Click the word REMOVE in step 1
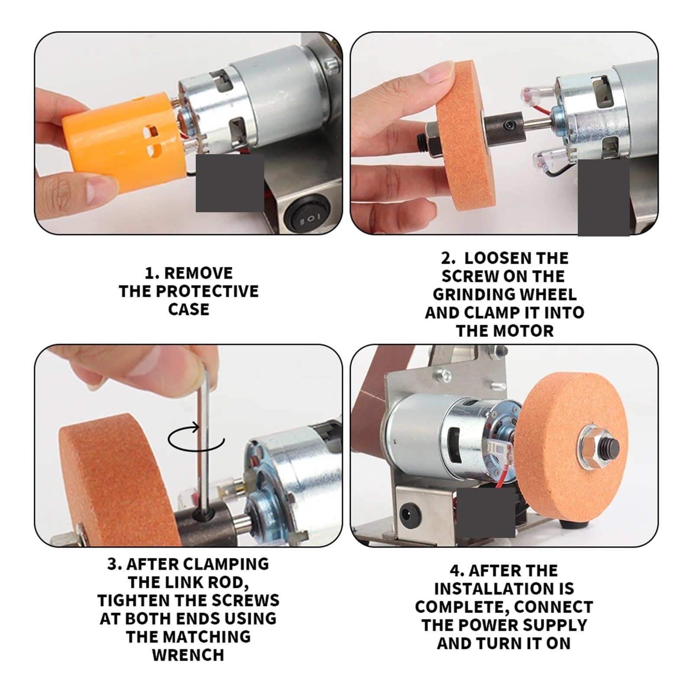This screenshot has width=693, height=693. pos(199,273)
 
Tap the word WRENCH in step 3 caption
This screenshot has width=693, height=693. pos(188,655)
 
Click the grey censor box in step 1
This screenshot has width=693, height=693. pos(230,183)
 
